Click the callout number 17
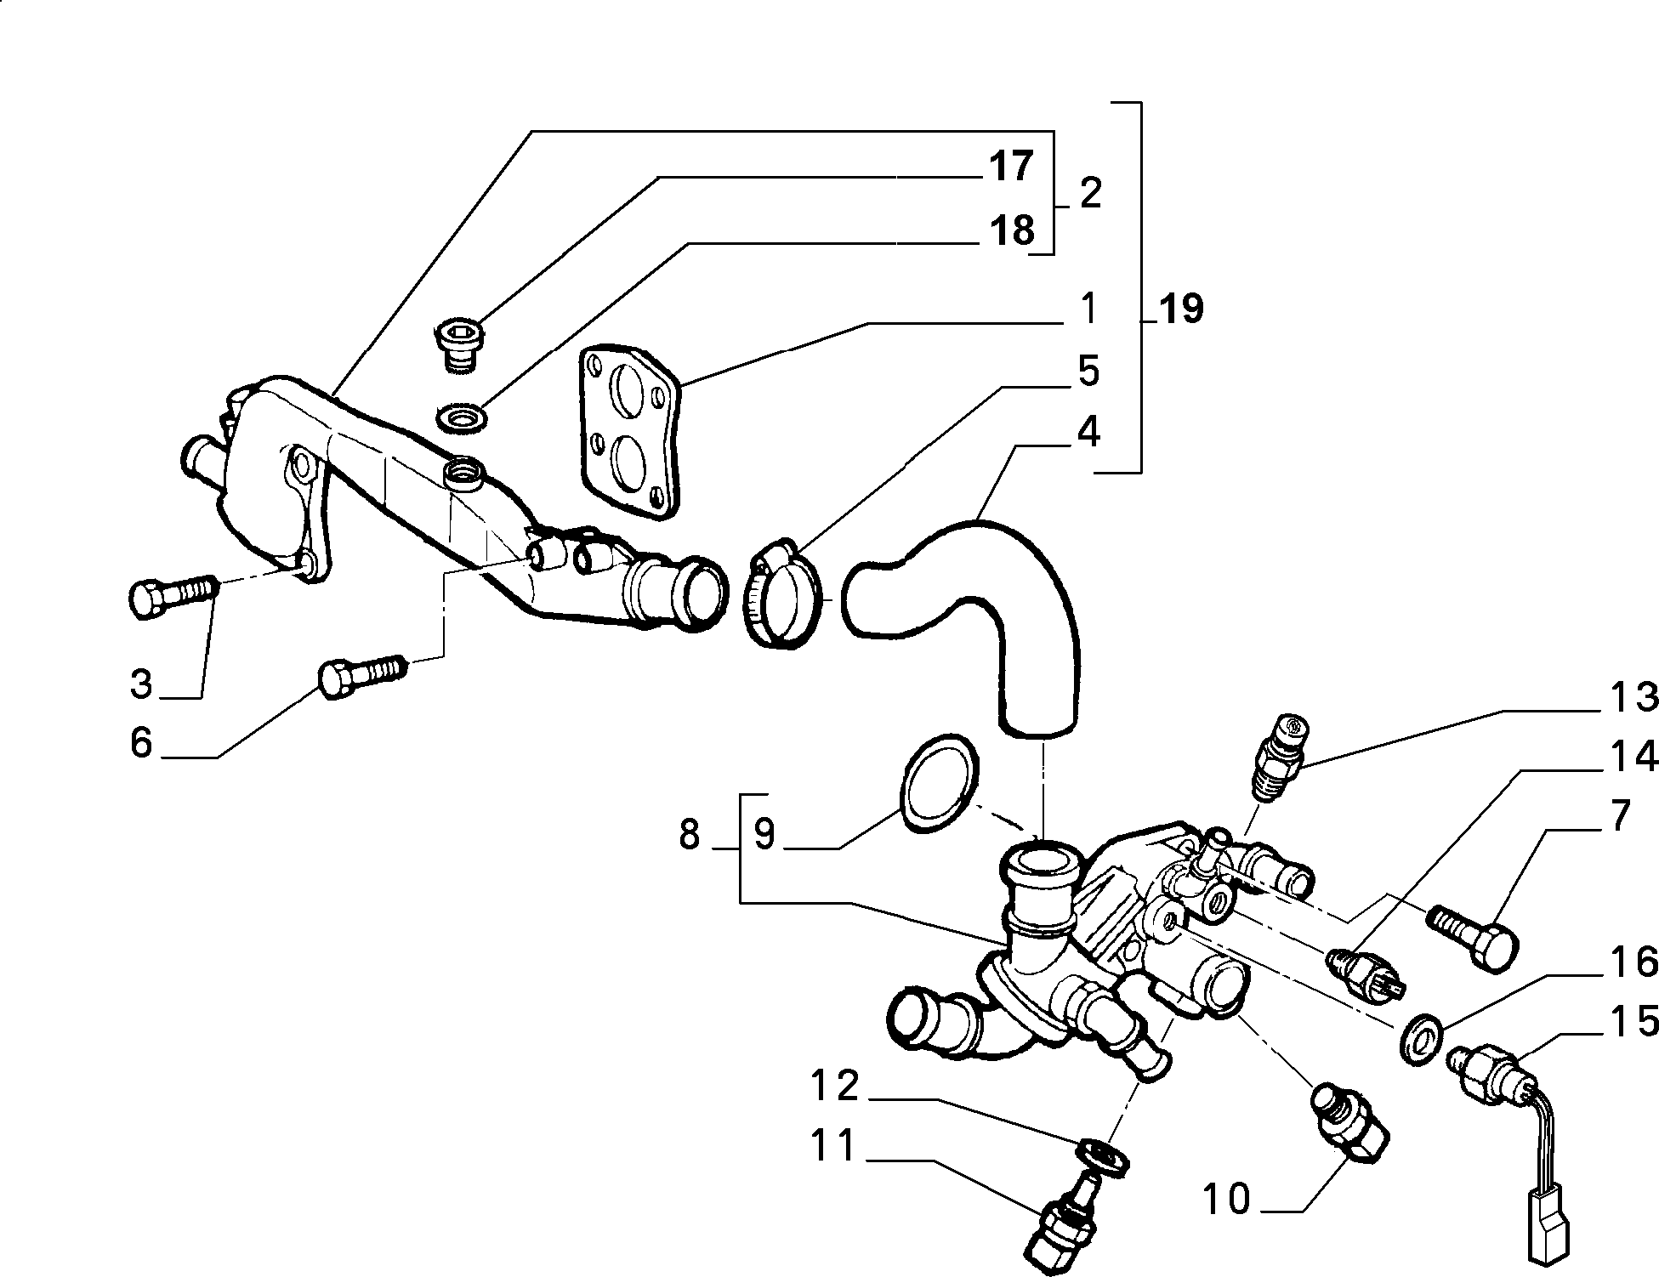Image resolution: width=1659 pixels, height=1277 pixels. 1010,166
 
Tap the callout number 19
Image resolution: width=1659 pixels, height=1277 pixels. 1180,309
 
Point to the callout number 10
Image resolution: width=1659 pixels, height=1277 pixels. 1227,1199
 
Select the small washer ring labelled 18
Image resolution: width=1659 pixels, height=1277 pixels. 461,418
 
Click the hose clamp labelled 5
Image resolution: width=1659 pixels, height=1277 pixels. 783,595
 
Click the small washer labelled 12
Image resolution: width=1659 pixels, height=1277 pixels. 1101,1158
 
